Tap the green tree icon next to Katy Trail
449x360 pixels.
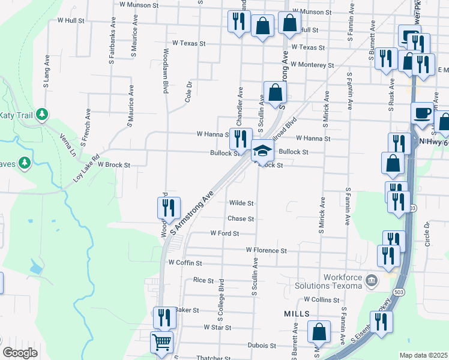(41, 114)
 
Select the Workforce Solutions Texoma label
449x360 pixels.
(342, 282)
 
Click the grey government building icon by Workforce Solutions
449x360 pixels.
(372, 280)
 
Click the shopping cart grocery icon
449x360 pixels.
(161, 343)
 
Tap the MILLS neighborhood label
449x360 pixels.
(297, 314)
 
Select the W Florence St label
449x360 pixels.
(266, 250)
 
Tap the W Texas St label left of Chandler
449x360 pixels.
(188, 43)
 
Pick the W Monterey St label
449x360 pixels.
(312, 65)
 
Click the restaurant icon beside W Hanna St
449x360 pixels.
(240, 139)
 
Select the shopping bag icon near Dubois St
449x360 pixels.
(319, 331)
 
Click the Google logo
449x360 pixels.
(20, 353)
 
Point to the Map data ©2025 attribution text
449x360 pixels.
(423, 355)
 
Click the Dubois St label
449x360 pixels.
(261, 346)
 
